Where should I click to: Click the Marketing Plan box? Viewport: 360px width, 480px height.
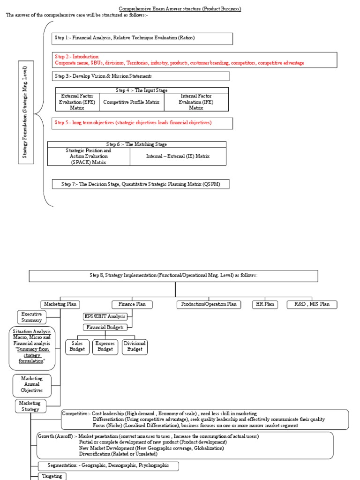59,304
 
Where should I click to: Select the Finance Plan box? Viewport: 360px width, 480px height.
132,304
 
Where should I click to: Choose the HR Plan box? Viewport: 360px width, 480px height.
263,304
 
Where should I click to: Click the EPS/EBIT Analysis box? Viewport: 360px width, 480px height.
105,316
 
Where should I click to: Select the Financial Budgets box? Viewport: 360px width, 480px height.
105,328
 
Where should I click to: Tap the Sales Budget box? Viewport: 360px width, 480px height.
77,346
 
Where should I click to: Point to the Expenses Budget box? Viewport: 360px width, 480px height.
105,346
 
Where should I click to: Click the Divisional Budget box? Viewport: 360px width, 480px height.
135,346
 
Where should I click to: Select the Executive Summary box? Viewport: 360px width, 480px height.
32,317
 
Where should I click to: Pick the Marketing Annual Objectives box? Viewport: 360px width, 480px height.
32,384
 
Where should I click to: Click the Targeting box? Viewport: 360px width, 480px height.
52,476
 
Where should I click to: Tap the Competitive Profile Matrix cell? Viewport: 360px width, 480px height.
131,102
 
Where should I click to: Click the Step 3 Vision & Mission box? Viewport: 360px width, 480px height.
141,76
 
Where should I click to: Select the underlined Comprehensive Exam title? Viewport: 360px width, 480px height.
180,9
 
